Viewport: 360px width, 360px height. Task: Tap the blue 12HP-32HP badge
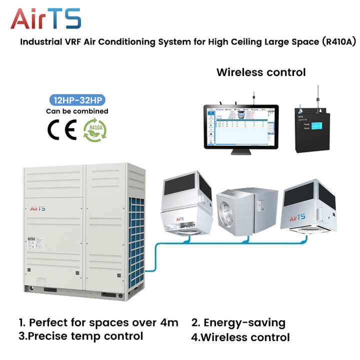[77, 100]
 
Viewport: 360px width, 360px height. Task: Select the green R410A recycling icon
[94, 129]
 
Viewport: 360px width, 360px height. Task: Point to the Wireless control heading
[260, 72]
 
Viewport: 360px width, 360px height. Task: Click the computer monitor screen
[240, 126]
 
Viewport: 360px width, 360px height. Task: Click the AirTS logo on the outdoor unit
[38, 208]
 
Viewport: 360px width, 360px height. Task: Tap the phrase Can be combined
[77, 111]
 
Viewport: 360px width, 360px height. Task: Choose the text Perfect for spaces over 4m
[98, 322]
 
